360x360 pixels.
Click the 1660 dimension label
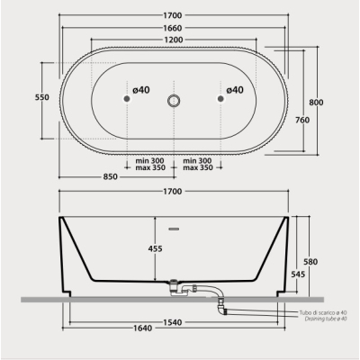173,28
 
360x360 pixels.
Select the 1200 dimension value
174,40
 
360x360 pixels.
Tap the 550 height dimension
42,97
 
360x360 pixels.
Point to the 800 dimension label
316,103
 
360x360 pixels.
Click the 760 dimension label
302,120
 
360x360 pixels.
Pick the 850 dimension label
110,176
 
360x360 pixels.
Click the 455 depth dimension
155,248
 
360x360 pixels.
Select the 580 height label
310,262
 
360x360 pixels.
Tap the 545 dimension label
298,274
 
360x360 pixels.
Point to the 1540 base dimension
173,322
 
